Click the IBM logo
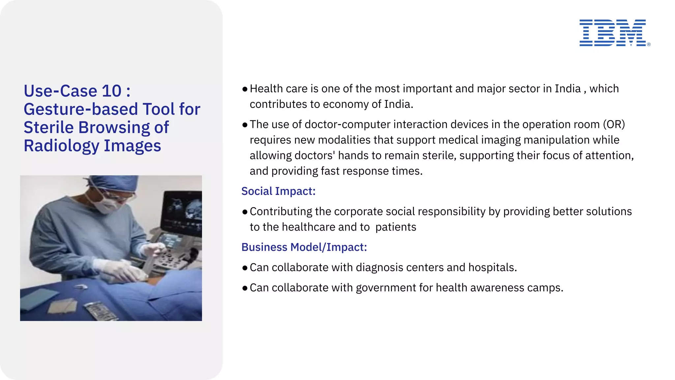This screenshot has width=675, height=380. [613, 33]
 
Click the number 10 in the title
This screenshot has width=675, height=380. [112, 91]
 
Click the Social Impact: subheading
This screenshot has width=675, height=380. [278, 191]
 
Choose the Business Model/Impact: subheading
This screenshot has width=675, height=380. [304, 247]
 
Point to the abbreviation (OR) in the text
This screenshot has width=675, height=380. [614, 124]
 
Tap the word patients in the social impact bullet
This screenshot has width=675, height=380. [396, 227]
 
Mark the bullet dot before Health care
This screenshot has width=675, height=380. [245, 89]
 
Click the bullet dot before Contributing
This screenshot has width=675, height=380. [245, 212]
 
